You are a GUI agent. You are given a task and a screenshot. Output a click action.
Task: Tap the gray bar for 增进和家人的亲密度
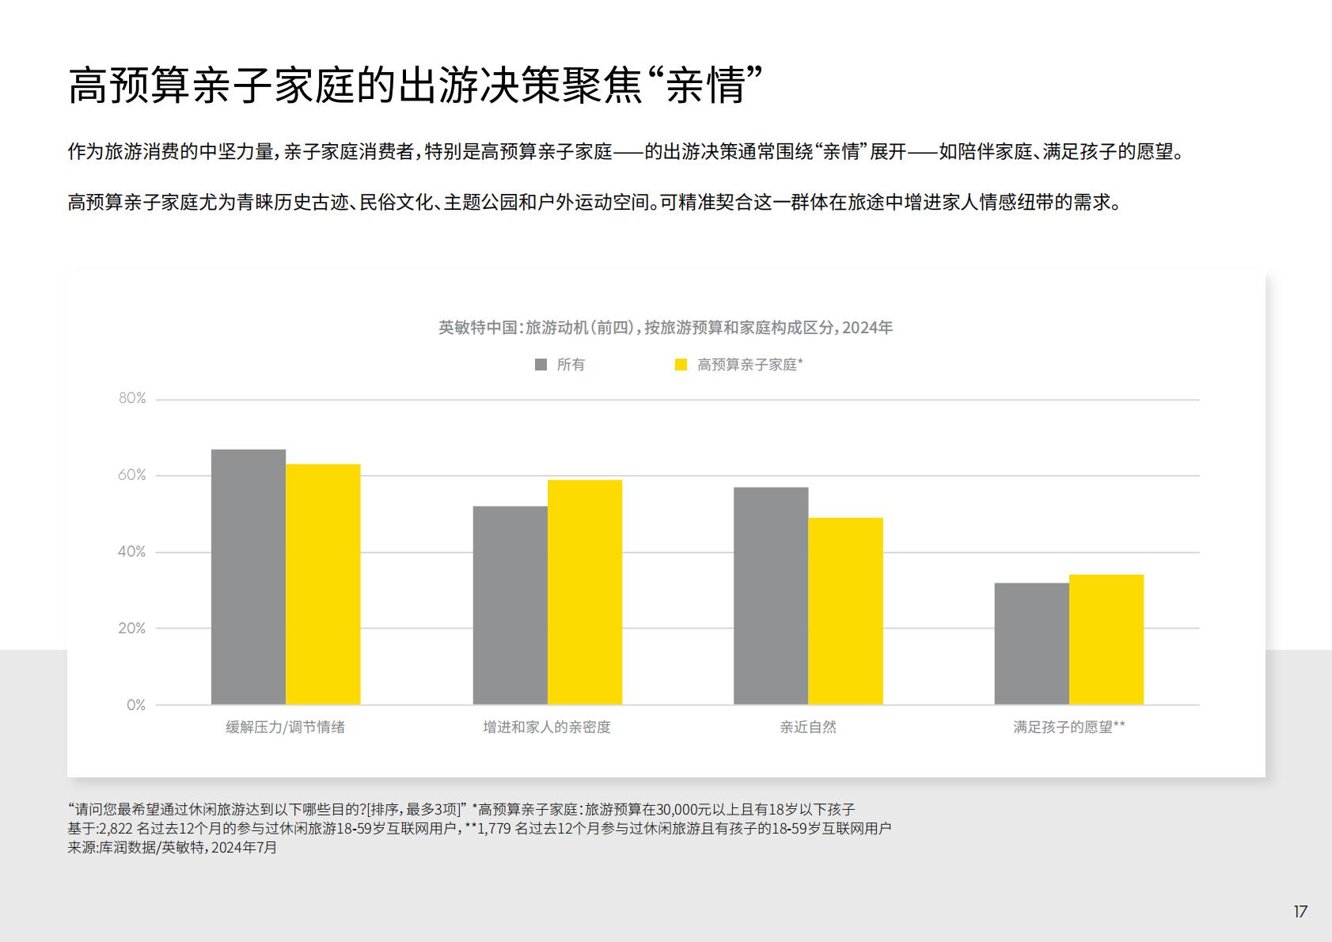(510, 605)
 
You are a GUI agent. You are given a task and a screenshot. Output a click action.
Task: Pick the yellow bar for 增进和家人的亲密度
(585, 592)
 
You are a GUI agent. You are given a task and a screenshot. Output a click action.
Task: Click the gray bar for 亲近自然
(771, 595)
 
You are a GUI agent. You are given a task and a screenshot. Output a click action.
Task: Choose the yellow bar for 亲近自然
(845, 611)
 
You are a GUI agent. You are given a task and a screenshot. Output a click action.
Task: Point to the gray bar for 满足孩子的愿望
(1031, 644)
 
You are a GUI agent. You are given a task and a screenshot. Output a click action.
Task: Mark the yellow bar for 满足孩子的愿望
(1106, 640)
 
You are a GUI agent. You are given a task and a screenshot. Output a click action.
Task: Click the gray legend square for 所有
(541, 365)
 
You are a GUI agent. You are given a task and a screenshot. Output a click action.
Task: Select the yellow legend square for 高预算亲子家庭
(681, 365)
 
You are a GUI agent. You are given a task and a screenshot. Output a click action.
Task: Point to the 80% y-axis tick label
(132, 398)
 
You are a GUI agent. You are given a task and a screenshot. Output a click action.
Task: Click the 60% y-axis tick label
(132, 475)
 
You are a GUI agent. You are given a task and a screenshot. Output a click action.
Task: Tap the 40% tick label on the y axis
(132, 552)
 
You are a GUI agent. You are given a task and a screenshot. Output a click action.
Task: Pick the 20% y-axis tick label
(132, 629)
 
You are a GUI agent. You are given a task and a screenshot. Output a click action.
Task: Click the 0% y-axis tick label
(136, 705)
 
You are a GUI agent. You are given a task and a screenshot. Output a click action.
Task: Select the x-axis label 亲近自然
(808, 727)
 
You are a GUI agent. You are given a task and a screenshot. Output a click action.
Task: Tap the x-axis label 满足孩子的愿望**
(1068, 727)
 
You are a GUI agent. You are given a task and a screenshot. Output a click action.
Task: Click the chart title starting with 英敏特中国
(666, 328)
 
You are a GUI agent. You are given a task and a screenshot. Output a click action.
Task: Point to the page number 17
(1300, 912)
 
